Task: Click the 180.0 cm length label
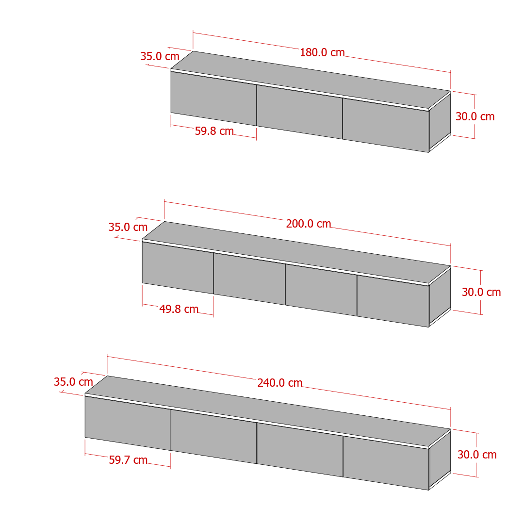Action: click(x=322, y=52)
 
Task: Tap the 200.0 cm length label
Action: click(x=309, y=224)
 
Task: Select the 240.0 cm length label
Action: click(x=280, y=383)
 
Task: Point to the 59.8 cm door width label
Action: click(x=214, y=131)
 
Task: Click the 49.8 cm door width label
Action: click(x=179, y=309)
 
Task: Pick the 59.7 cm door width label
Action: click(x=128, y=460)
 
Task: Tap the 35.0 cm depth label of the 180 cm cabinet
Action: click(x=160, y=56)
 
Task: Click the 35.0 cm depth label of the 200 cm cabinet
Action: click(x=128, y=227)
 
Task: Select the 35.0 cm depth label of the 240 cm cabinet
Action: click(x=73, y=382)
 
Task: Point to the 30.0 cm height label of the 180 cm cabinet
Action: click(x=475, y=116)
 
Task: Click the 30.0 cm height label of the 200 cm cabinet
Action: click(x=481, y=292)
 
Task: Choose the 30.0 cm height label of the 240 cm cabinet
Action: click(x=477, y=455)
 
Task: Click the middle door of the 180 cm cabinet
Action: click(x=300, y=112)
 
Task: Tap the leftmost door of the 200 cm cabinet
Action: click(x=178, y=268)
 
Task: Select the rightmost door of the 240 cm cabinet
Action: click(x=386, y=463)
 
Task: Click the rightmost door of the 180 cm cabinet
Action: click(x=386, y=125)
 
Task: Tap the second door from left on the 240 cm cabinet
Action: click(x=214, y=437)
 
